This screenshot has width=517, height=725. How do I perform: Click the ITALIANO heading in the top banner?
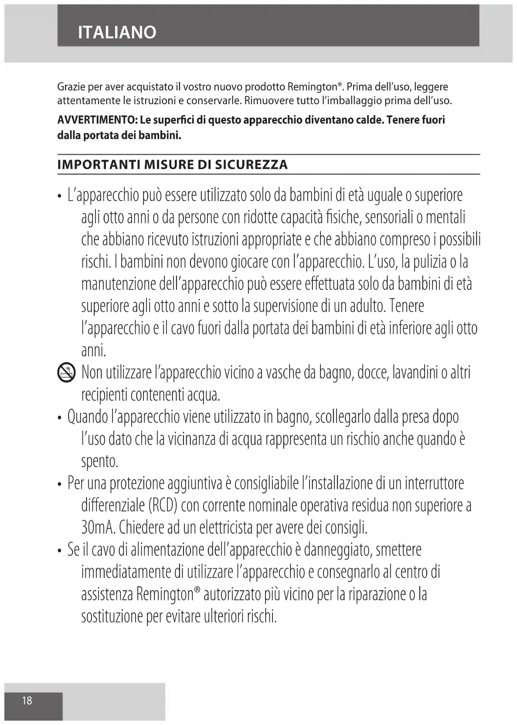click(x=117, y=32)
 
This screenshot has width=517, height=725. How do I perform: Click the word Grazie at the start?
click(x=68, y=87)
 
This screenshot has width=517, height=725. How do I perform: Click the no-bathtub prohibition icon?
click(x=66, y=374)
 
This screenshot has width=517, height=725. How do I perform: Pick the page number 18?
click(x=27, y=700)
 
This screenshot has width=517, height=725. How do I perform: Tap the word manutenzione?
click(x=118, y=284)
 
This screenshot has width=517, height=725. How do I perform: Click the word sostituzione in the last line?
click(x=112, y=616)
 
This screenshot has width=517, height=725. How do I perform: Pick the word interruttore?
click(x=434, y=483)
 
